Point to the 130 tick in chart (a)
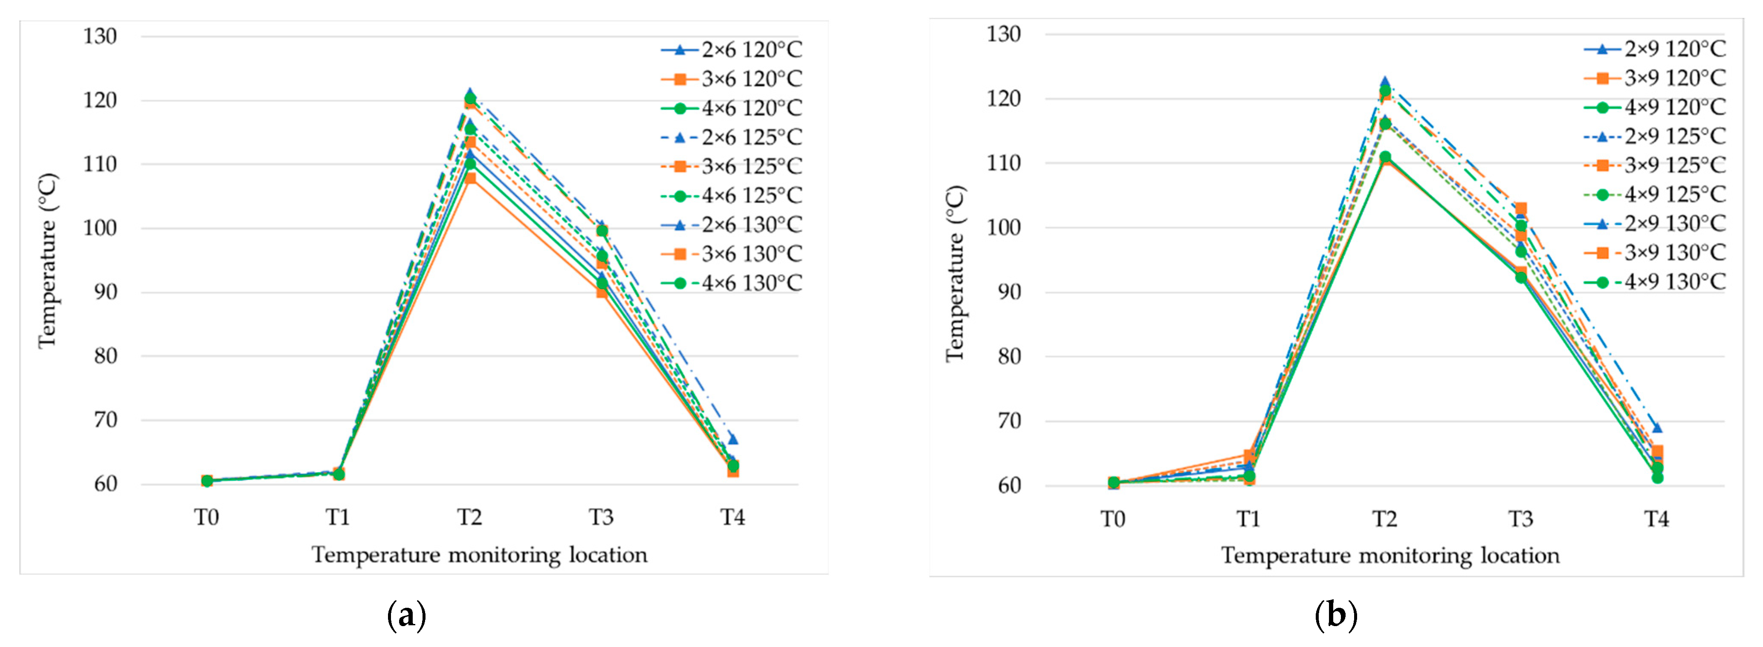click(100, 36)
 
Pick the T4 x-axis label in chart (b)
click(1656, 520)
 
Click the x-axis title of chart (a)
click(479, 555)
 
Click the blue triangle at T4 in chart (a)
click(732, 439)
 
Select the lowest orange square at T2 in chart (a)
click(470, 179)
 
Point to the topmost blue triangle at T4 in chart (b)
click(1656, 428)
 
